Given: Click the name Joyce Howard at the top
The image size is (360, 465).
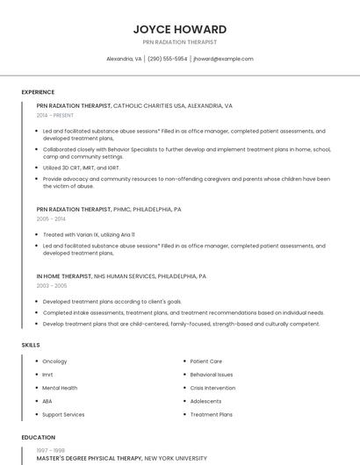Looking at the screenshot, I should tap(180, 29).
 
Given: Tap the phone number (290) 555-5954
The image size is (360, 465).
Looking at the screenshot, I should tap(167, 59).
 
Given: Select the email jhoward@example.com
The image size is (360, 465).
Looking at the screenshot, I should tap(223, 59).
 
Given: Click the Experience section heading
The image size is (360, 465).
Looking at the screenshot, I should tap(38, 92).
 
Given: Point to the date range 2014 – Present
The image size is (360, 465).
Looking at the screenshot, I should tap(54, 115).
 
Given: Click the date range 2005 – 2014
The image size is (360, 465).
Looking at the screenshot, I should tap(51, 218).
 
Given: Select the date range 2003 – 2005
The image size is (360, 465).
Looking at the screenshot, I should tap(51, 285).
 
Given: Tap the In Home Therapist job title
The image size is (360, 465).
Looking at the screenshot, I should tap(64, 276).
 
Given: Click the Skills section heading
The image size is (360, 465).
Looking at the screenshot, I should tap(31, 345).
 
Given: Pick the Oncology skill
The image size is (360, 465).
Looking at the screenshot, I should tap(54, 361).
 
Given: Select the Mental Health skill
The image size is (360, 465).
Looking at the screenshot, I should tap(60, 388).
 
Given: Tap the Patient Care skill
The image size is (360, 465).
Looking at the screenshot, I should tap(205, 361).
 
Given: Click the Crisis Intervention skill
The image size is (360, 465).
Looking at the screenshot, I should tap(212, 388).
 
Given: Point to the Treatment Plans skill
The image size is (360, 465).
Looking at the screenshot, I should tap(211, 414).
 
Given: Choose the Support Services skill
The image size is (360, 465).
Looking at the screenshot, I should tap(63, 414).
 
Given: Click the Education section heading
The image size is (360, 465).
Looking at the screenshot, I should tap(38, 437).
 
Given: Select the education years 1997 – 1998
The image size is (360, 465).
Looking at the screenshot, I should tap(51, 450).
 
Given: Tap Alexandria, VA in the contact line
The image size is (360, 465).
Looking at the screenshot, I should tap(124, 59).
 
